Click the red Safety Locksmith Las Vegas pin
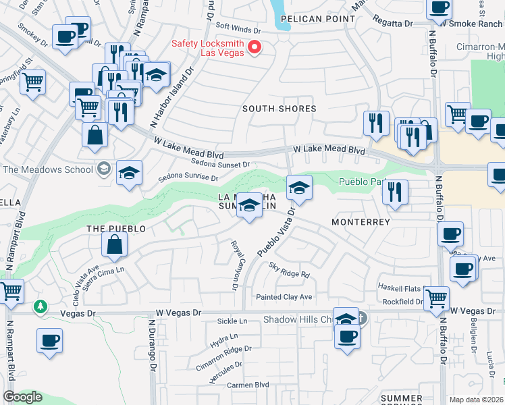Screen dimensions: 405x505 point(255,47)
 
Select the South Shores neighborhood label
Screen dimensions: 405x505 point(279,109)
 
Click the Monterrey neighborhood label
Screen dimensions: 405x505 point(361,221)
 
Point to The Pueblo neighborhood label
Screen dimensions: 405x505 point(116,229)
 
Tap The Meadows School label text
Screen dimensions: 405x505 point(48,169)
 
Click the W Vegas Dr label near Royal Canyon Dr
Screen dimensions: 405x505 point(178,313)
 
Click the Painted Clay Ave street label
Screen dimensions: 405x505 point(284,297)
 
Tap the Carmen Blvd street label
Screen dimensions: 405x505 point(248,385)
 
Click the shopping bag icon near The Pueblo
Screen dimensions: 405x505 point(115,245)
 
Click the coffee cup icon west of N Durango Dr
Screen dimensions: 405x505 point(49,340)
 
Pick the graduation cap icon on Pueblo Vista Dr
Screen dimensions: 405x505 point(299,187)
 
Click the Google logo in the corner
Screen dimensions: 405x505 point(22,397)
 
